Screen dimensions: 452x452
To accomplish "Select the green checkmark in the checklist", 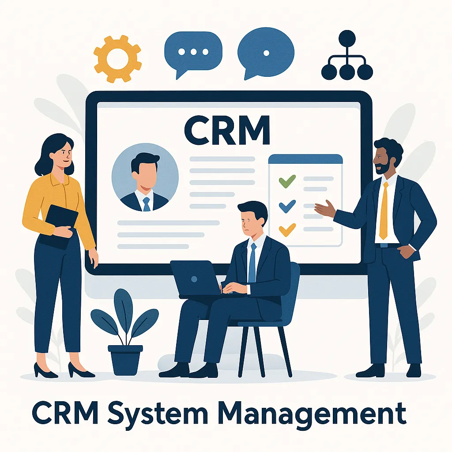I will [x=287, y=180].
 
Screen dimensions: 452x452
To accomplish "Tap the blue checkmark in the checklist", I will [x=287, y=205].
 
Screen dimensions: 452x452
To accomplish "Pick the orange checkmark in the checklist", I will [x=287, y=229].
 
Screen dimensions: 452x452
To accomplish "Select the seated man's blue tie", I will [x=252, y=263].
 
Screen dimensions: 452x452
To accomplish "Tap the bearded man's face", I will [x=383, y=160].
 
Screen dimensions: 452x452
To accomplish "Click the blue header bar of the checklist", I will [x=305, y=159].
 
